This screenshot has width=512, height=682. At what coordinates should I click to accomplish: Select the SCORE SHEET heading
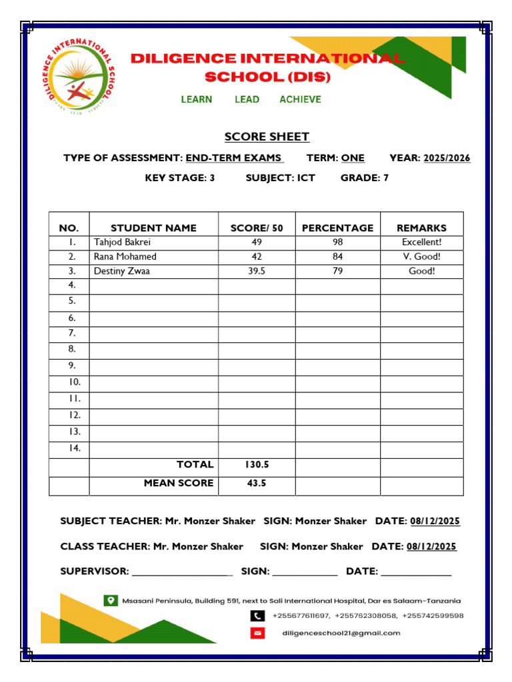point(267,137)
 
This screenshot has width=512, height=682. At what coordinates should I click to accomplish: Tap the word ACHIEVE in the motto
point(300,99)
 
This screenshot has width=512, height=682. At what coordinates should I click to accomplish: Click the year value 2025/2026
point(447,158)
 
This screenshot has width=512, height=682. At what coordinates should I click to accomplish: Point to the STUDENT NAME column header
point(153,228)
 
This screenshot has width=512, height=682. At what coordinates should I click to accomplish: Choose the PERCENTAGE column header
point(337,228)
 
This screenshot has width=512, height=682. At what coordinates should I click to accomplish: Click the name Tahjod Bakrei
point(122,242)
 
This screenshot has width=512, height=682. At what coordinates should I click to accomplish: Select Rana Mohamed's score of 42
point(257,256)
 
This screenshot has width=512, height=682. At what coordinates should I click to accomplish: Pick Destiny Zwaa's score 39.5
point(257,271)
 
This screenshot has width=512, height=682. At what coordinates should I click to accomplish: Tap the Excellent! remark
point(421,242)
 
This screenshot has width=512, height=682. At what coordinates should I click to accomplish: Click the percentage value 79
point(337,271)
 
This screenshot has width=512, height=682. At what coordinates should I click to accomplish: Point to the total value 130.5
point(257,465)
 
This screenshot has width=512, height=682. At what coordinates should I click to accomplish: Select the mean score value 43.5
point(257,484)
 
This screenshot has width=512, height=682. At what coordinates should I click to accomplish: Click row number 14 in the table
point(74,448)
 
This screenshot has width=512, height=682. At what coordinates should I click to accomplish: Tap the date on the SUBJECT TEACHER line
point(435,521)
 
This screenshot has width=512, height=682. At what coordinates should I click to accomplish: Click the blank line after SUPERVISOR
point(182,571)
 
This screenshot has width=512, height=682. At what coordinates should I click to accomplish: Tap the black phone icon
point(257,616)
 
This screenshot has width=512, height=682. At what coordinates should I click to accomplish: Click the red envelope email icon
point(257,633)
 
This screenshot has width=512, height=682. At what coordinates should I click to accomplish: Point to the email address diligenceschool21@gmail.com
point(341,633)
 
